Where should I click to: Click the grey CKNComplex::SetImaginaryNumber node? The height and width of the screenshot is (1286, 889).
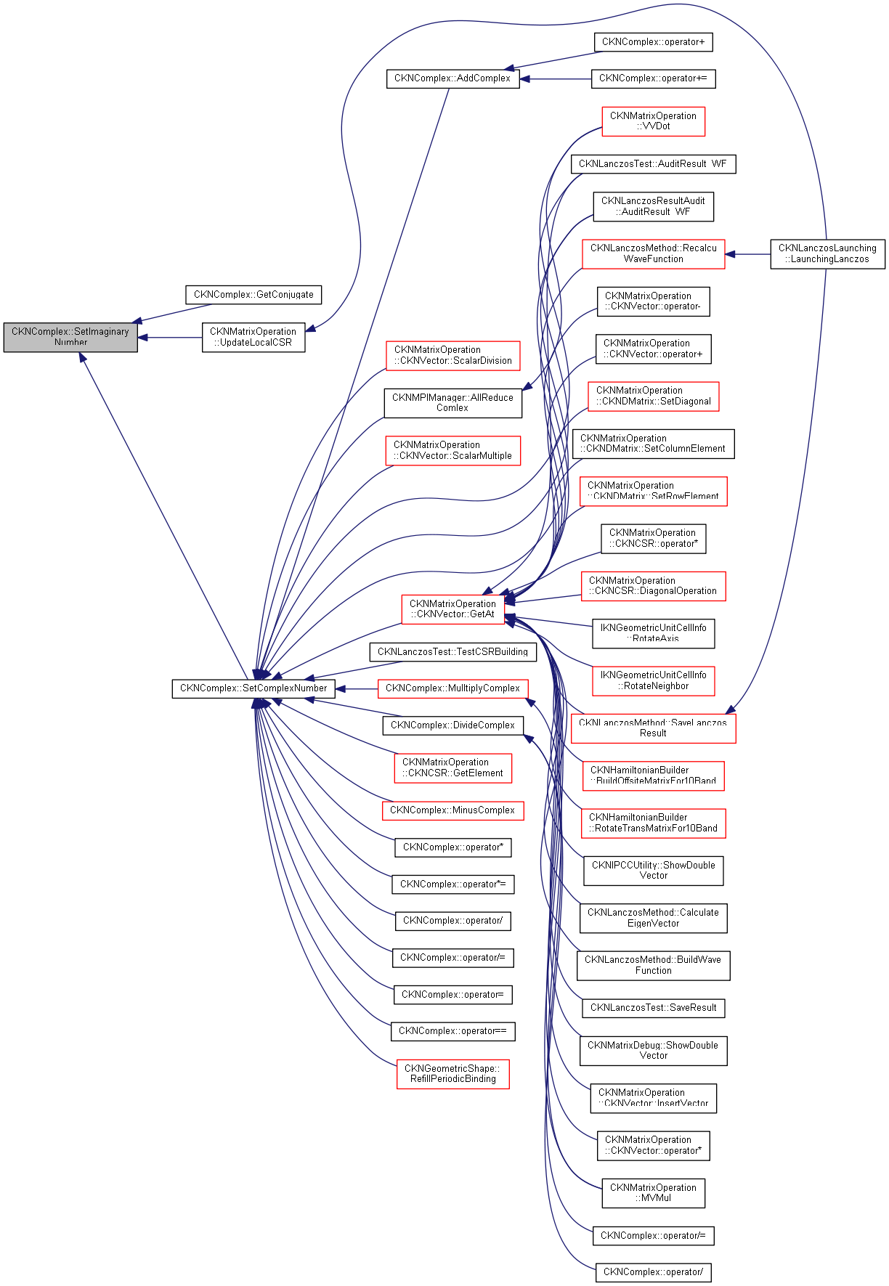[70, 338]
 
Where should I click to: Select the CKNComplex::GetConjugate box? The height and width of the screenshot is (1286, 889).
[253, 295]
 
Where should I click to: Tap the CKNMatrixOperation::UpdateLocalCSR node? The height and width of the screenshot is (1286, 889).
[253, 338]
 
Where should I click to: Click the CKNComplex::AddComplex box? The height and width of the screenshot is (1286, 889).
[452, 78]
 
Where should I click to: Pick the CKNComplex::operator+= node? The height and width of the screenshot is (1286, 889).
[653, 78]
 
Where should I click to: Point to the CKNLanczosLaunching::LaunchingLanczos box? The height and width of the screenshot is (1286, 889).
[827, 254]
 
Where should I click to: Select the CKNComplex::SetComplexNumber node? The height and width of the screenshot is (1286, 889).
[253, 688]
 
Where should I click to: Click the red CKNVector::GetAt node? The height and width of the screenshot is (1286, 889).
[452, 609]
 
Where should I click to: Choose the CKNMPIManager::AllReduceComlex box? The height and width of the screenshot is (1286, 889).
[452, 403]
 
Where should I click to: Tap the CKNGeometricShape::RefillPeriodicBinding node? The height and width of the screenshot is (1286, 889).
[452, 1074]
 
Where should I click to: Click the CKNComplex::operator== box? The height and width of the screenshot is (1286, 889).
[452, 1031]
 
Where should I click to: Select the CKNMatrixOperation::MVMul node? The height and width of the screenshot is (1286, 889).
[653, 1193]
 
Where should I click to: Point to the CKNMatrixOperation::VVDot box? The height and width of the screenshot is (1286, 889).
[653, 121]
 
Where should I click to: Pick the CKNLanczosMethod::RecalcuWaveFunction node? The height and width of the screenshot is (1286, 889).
[653, 254]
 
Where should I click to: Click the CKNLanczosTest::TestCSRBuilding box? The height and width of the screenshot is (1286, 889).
[452, 652]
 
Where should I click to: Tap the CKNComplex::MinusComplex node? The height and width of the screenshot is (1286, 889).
[452, 810]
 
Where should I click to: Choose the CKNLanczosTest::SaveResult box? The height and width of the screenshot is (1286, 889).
[653, 1008]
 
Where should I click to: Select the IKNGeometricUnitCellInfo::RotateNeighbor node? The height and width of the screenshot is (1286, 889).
[653, 681]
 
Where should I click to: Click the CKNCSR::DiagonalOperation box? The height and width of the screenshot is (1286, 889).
[653, 586]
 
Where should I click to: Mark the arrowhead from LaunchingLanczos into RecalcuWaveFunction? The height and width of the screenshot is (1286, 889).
[731, 254]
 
